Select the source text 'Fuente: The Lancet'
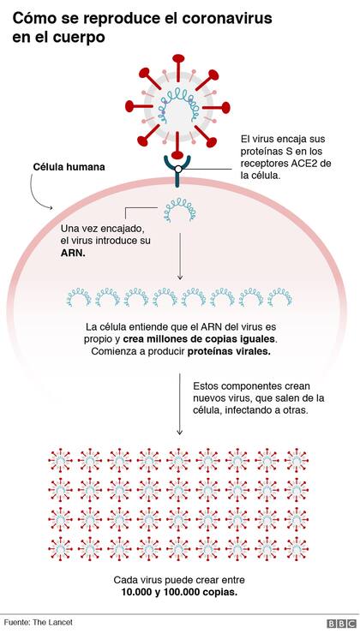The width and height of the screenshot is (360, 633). click(x=39, y=622)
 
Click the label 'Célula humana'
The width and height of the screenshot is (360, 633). click(x=69, y=167)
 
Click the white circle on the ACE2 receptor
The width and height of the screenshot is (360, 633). click(x=177, y=169)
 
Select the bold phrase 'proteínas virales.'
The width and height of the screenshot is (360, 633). click(x=229, y=351)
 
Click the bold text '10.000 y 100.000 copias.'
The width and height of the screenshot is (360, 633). click(x=179, y=593)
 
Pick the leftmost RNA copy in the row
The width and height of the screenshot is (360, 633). click(x=79, y=296)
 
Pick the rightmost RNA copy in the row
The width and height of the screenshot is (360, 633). click(x=280, y=296)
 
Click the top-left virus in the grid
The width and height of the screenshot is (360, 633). click(x=60, y=460)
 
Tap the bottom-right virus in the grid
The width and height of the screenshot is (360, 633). click(x=297, y=549)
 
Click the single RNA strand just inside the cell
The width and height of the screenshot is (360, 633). click(x=179, y=209)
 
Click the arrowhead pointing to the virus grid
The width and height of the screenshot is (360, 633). click(x=180, y=432)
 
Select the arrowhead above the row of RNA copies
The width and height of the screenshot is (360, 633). click(x=180, y=277)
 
